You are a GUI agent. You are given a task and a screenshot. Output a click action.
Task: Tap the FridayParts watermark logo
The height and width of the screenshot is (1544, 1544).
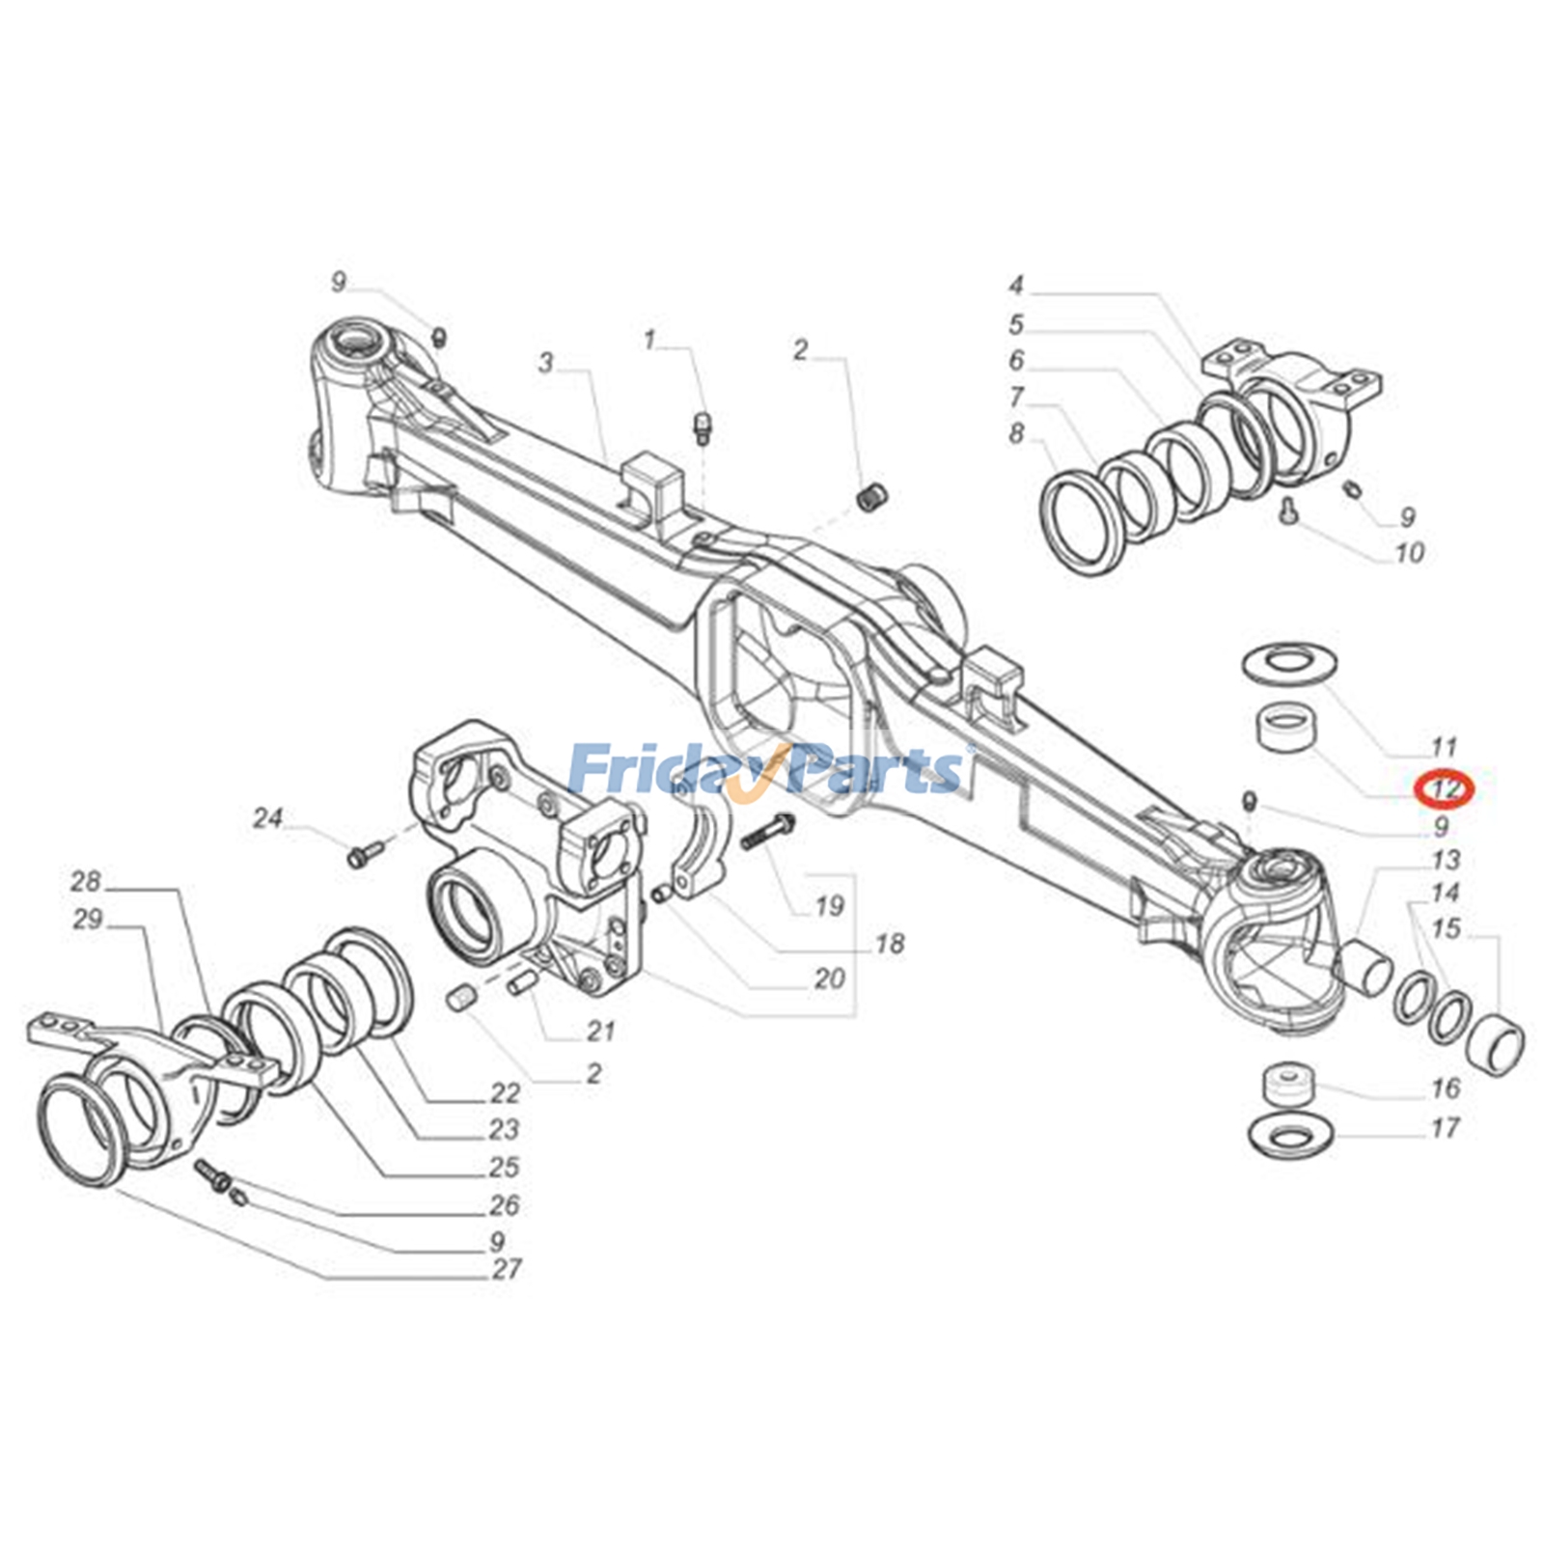click(767, 769)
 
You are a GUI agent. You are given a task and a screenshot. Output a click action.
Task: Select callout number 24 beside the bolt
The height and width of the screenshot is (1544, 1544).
click(267, 819)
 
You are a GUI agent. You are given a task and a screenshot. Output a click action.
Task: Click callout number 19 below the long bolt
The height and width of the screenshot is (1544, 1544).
click(829, 905)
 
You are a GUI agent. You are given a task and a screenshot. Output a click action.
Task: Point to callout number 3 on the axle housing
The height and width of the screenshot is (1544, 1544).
click(546, 363)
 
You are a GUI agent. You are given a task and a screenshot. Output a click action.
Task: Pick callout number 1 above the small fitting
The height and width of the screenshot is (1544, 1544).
click(649, 340)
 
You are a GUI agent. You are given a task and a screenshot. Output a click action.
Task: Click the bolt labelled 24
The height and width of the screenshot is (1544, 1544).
click(363, 852)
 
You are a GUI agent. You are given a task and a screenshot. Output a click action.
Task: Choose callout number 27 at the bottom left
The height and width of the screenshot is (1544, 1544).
click(507, 1269)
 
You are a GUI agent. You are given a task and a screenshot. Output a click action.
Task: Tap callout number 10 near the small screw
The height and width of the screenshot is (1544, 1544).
click(1409, 553)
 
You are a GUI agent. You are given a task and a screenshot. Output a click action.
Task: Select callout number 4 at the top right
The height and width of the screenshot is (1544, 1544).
click(1016, 286)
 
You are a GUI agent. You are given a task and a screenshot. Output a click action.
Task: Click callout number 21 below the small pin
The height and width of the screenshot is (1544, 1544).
click(600, 1032)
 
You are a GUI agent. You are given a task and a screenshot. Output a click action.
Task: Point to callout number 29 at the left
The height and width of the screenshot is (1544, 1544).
click(87, 919)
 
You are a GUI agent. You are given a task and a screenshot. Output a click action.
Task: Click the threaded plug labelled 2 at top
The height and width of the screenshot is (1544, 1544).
click(872, 499)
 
